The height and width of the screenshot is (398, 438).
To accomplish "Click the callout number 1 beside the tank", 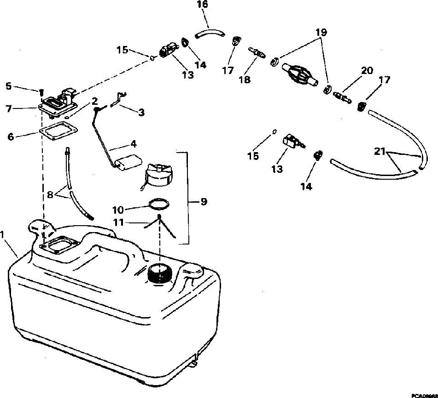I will (4, 234).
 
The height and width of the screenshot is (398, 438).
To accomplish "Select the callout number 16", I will (202, 5).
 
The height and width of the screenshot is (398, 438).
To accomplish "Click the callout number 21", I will (379, 152).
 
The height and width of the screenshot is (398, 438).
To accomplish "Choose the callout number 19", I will (321, 33).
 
